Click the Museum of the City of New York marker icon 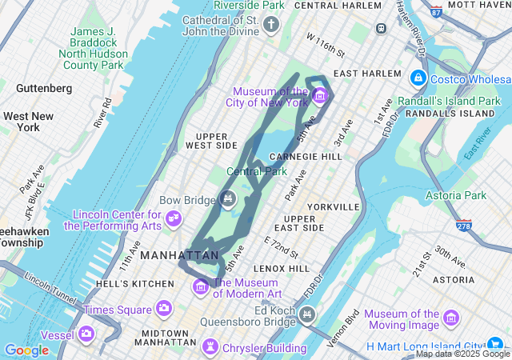[320, 98]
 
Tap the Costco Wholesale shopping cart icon [418, 78]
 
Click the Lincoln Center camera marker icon [173, 218]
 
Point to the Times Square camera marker [164, 308]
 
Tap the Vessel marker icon [86, 333]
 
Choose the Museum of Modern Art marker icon [201, 286]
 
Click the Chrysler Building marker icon [210, 346]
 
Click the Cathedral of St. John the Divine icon [271, 26]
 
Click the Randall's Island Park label [452, 102]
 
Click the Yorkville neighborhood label [333, 206]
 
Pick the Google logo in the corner [26, 350]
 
